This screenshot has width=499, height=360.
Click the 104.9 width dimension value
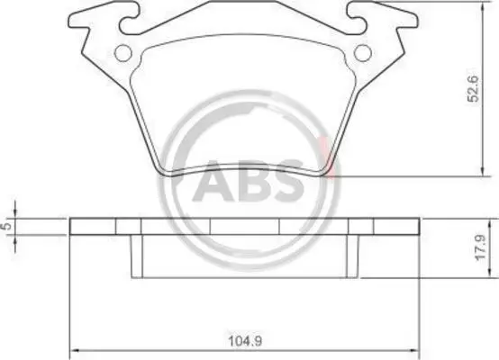pos(245,341)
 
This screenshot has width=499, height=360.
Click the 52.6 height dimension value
pos(473,89)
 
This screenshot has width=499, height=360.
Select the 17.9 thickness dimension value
pos(481,247)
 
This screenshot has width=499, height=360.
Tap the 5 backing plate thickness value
pos(6,226)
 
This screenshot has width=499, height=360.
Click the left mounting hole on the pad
pos(123,53)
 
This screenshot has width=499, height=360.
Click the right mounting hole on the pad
pos(363,53)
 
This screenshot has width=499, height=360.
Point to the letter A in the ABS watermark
pos(213,181)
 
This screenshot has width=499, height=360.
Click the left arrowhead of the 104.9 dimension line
pos(74,350)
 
